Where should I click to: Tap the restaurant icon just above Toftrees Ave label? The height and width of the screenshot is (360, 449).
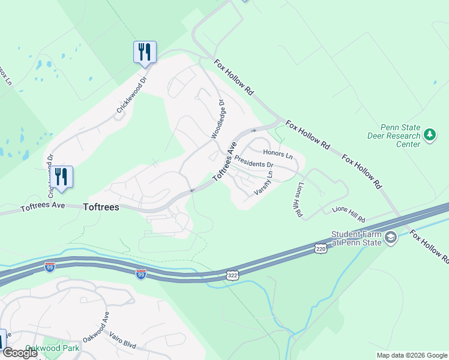[61, 176]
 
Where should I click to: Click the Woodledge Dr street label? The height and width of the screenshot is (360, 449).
[217, 119]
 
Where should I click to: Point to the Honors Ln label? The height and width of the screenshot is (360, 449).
[277, 155]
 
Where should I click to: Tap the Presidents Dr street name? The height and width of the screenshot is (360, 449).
[253, 161]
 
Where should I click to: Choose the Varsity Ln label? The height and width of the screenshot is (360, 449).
[264, 182]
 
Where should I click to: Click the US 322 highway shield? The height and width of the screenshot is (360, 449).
[232, 274]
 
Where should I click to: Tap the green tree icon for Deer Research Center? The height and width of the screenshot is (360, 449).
[429, 136]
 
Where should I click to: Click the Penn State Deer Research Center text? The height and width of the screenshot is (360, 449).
[394, 136]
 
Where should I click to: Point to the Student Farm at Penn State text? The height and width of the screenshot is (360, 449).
[357, 238]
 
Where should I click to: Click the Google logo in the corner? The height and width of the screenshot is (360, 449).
[19, 353]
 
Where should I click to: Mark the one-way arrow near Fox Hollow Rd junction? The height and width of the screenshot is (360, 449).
[254, 130]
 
